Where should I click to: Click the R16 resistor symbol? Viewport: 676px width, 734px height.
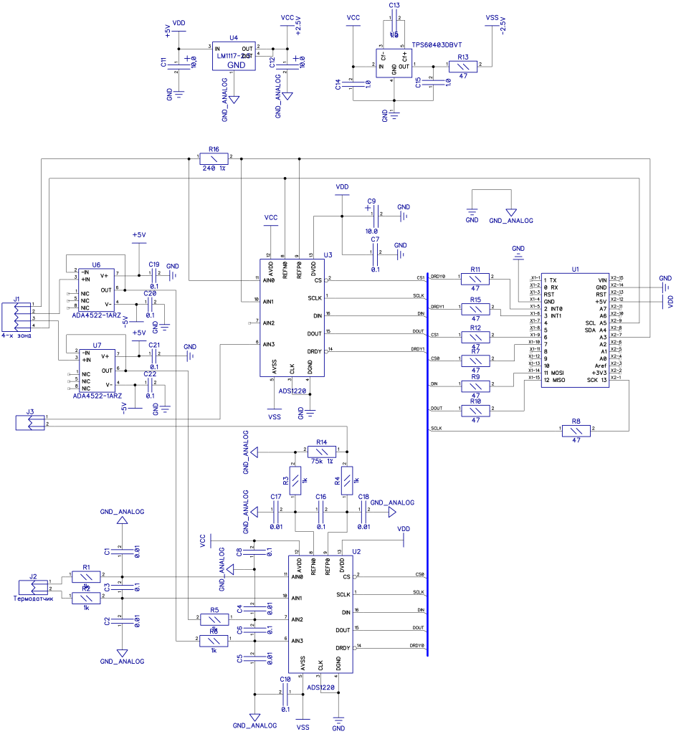(213, 158)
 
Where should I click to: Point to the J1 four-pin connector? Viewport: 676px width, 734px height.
(16, 316)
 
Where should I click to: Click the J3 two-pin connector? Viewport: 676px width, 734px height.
(29, 422)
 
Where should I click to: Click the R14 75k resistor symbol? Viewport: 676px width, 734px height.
(321, 452)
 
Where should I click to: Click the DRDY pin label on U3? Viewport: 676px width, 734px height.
(314, 351)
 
